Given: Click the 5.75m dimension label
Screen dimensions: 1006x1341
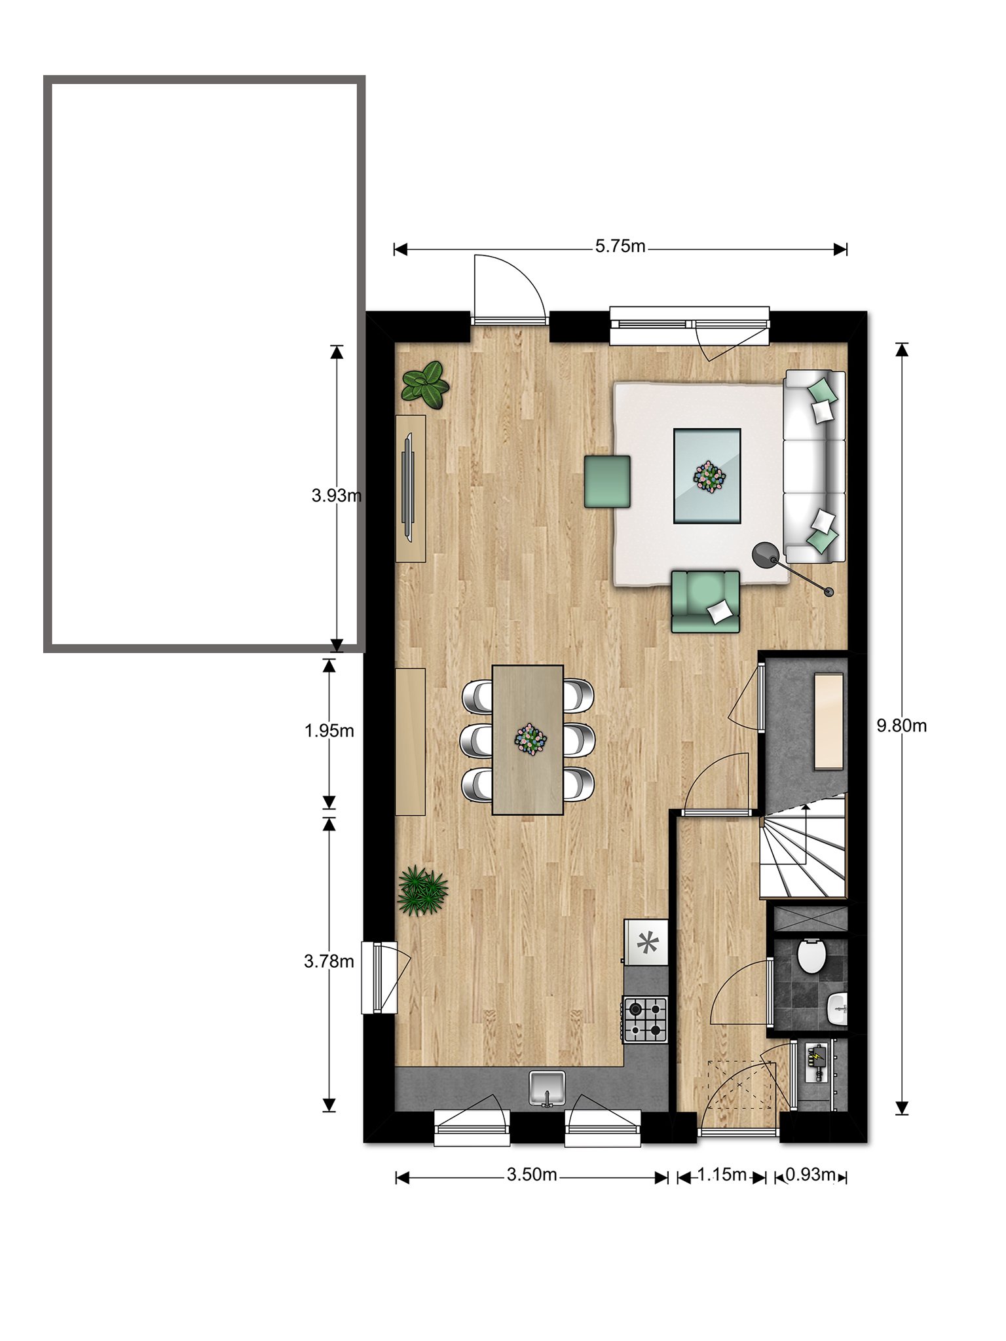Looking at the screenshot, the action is pyautogui.click(x=620, y=247).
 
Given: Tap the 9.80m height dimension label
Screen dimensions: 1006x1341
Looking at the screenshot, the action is pyautogui.click(x=902, y=726).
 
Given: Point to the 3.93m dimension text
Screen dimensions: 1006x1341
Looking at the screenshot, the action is pyautogui.click(x=337, y=496).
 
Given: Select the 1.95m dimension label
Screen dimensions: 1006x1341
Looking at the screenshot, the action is pyautogui.click(x=329, y=731).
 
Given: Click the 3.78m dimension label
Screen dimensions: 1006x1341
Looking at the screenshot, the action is pyautogui.click(x=329, y=961).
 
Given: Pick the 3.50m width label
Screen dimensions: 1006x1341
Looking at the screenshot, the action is pyautogui.click(x=532, y=1175).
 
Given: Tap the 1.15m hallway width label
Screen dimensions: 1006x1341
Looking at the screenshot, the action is pyautogui.click(x=721, y=1175).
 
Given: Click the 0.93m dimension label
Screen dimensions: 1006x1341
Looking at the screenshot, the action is pyautogui.click(x=810, y=1175).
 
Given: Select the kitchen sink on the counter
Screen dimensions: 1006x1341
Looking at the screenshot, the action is pyautogui.click(x=548, y=1088).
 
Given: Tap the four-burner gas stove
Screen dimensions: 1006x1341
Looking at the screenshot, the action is pyautogui.click(x=645, y=1020).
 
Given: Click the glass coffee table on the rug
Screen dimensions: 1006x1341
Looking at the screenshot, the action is pyautogui.click(x=707, y=476).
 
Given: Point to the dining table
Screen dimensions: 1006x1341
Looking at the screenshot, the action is pyautogui.click(x=528, y=740).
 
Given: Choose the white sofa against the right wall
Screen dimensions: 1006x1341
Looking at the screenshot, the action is pyautogui.click(x=815, y=466).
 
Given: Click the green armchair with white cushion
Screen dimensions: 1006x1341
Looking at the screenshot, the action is pyautogui.click(x=705, y=601).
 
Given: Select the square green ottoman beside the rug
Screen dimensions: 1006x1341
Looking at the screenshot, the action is pyautogui.click(x=608, y=481).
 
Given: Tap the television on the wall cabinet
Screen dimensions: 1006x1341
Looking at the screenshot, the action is pyautogui.click(x=409, y=487).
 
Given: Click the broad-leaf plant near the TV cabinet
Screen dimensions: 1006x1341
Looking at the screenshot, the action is pyautogui.click(x=426, y=382).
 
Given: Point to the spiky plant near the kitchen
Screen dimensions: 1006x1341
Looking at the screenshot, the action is pyautogui.click(x=422, y=891).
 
